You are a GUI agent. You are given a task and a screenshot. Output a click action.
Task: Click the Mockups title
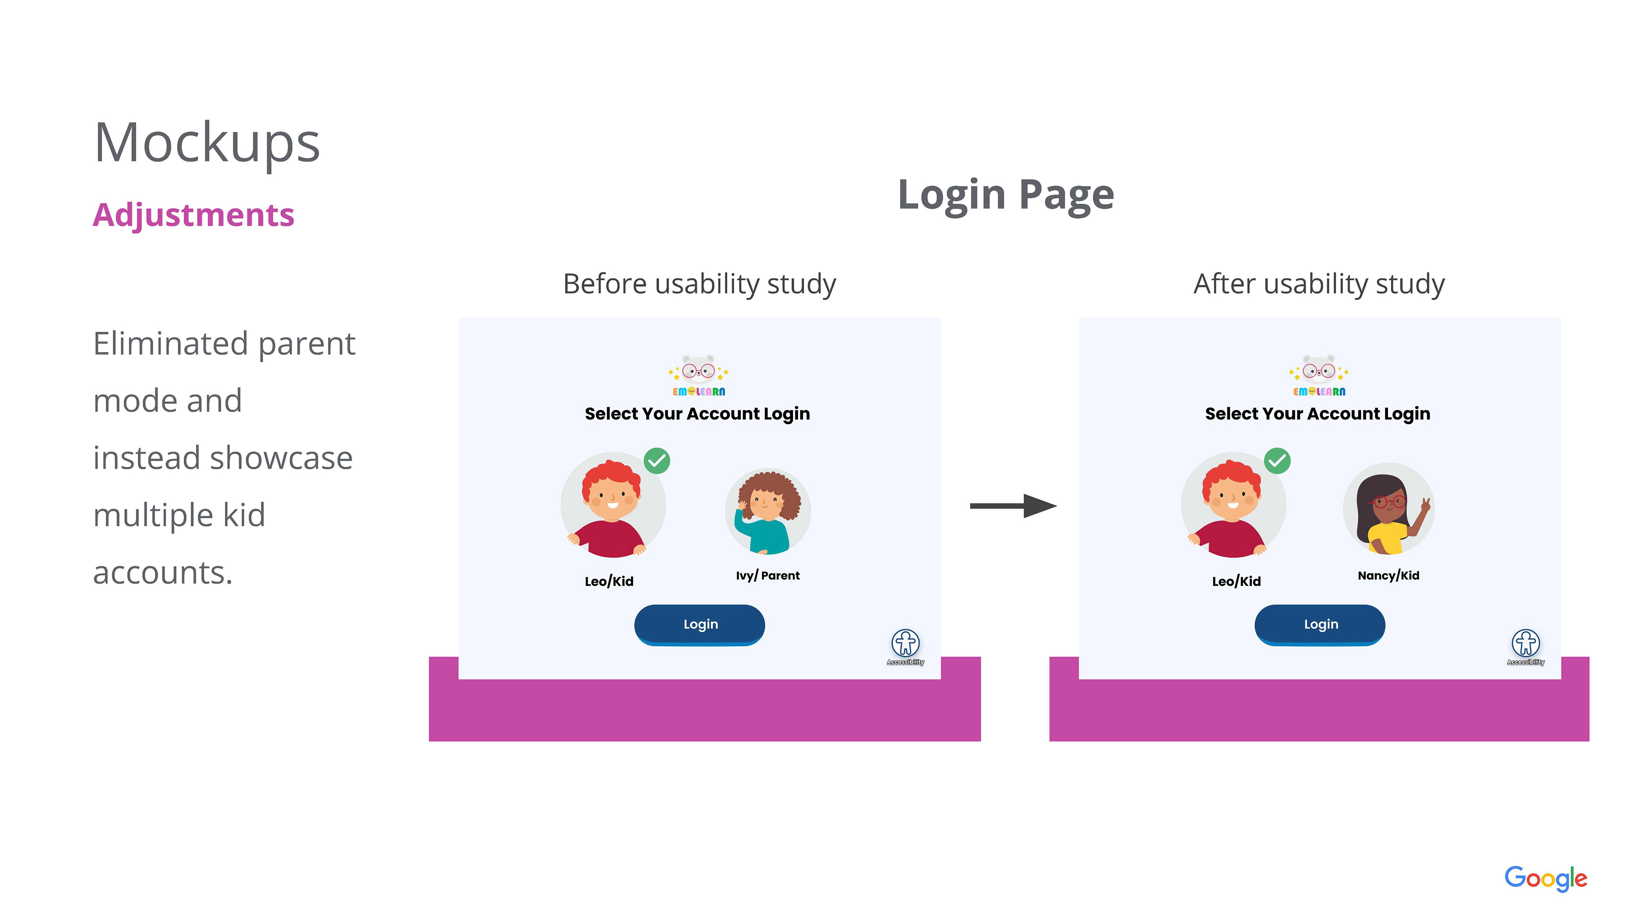click(x=207, y=143)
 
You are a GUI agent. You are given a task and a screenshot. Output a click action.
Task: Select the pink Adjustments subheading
click(x=194, y=215)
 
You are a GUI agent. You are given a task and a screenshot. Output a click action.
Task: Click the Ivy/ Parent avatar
click(x=768, y=511)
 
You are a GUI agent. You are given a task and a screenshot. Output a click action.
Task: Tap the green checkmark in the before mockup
click(x=657, y=461)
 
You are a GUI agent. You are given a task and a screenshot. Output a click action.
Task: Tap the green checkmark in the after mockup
click(x=1277, y=461)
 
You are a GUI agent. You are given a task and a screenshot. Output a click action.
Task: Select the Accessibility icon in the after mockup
click(x=1525, y=643)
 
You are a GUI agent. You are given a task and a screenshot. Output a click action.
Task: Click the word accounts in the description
click(x=163, y=573)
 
